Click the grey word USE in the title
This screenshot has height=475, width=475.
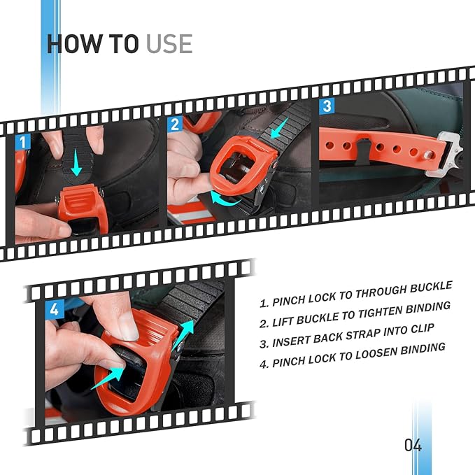pos(169,44)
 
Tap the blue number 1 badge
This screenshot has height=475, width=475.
pos(22,142)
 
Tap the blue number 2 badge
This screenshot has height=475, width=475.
pos(175,124)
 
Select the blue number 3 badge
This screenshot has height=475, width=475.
pos(327,106)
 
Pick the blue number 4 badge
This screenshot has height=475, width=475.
pos(55,309)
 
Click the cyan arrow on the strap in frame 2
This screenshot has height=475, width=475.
pos(280,129)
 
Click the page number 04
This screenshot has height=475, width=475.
pos(413,446)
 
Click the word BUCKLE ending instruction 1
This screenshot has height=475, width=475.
pos(431,287)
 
